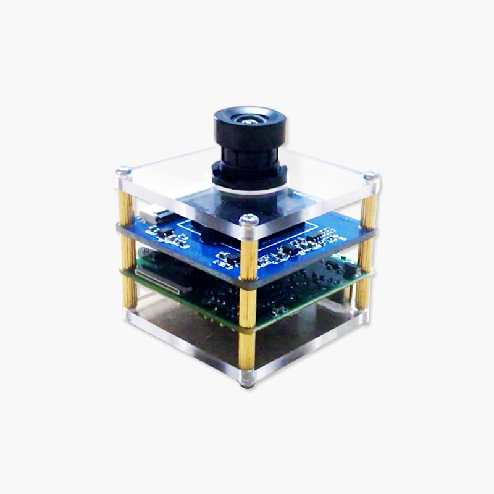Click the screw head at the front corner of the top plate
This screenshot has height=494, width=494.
(x=249, y=219)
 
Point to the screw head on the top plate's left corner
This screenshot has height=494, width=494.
(x=124, y=171)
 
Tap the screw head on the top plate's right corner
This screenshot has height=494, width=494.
(x=370, y=177)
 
